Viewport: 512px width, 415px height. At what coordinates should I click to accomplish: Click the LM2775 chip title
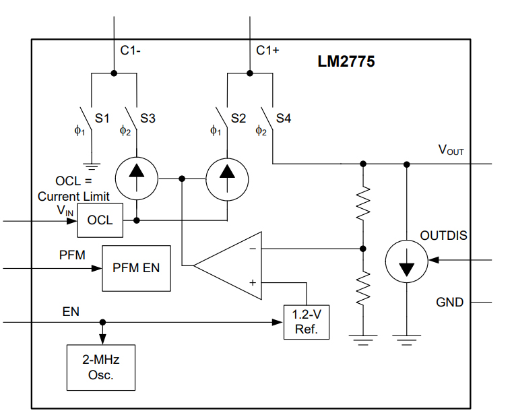(x=346, y=62)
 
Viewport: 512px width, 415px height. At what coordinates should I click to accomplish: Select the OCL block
(x=100, y=220)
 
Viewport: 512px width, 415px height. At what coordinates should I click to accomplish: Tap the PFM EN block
(x=135, y=267)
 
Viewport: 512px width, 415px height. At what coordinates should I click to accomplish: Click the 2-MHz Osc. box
(x=100, y=367)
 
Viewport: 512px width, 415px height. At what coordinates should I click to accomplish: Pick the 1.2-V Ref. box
(x=307, y=323)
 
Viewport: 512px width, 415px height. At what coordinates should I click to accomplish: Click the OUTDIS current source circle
(x=406, y=259)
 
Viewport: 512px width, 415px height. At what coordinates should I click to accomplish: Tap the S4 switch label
(x=284, y=119)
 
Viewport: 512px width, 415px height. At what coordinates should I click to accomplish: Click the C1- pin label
(x=130, y=50)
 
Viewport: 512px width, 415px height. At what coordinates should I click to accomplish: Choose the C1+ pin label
(x=267, y=50)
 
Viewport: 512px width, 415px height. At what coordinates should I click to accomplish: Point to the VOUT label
(x=451, y=150)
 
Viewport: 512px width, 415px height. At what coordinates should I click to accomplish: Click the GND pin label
(x=449, y=302)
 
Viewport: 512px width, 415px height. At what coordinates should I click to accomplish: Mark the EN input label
(x=71, y=312)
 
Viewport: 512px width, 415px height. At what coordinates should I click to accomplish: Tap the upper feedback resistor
(x=363, y=204)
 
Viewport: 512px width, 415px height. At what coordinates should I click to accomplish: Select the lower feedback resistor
(x=363, y=288)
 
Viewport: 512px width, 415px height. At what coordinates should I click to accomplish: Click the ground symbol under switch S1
(x=91, y=164)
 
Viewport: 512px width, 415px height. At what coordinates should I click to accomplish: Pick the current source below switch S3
(x=137, y=179)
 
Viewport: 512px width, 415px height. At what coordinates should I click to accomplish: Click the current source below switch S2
(x=227, y=179)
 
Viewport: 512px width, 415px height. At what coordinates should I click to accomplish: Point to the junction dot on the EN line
(x=102, y=323)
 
